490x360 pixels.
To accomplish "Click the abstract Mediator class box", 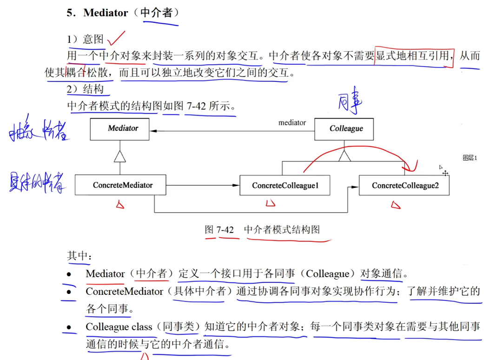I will pos(120,129).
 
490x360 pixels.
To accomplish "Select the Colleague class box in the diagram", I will pos(344,129).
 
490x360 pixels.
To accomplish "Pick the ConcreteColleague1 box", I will pos(285,186).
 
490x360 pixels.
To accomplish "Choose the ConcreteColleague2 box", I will pos(404,186).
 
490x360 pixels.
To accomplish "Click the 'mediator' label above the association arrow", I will pos(292,123).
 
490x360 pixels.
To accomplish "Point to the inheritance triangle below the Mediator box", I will pos(120,157).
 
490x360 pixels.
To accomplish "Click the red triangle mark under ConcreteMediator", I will pos(120,204).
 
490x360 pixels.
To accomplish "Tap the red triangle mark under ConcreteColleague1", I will pos(270,203).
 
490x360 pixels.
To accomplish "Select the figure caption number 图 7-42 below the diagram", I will pos(219,230).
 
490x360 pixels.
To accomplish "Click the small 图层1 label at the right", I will pos(470,158).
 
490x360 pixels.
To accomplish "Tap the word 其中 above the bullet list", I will pos(77,256).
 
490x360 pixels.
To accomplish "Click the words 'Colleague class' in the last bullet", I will pos(119,327).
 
